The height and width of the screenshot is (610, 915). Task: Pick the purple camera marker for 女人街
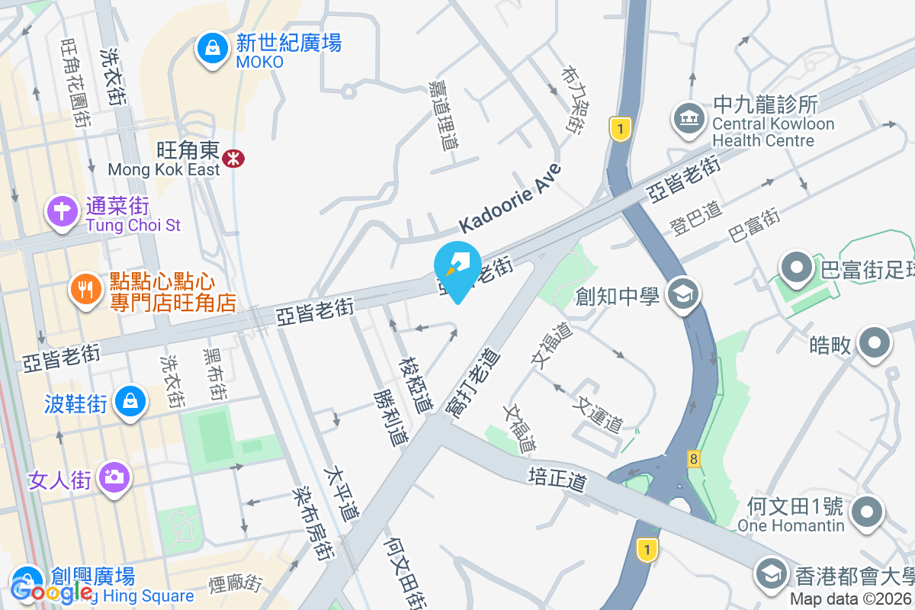114,477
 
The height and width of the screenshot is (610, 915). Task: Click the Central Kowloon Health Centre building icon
689,118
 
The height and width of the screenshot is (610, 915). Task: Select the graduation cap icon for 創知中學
682,294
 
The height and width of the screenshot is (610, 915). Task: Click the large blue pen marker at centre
457,268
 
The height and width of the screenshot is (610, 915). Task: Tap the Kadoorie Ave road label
510,198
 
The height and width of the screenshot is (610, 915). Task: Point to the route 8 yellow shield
693,458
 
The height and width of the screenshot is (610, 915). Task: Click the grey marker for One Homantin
867,511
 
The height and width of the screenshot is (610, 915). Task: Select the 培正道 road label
559,479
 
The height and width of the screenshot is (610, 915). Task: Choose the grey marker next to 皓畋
874,343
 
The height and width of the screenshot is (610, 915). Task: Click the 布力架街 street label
575,98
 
